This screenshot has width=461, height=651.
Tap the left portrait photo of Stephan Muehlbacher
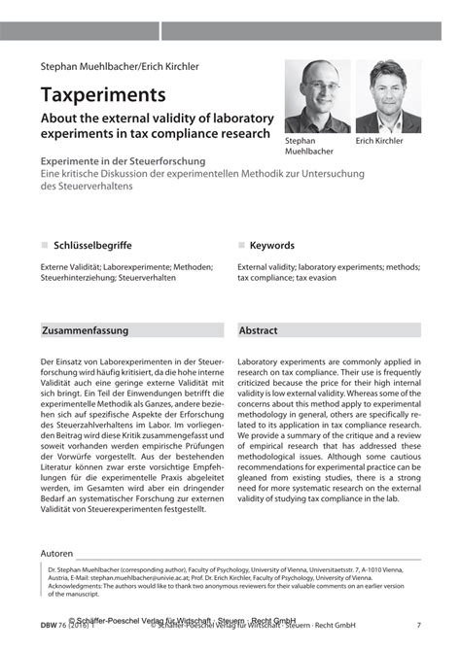(x=316, y=96)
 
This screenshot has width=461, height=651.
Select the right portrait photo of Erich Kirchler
(x=388, y=96)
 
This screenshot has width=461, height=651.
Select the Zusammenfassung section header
(x=86, y=330)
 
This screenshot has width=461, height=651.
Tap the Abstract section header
(x=259, y=330)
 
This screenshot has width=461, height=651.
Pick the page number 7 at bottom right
(x=418, y=625)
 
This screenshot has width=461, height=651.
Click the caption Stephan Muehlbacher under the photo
(x=309, y=146)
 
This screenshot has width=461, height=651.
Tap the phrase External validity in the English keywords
(x=266, y=265)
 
